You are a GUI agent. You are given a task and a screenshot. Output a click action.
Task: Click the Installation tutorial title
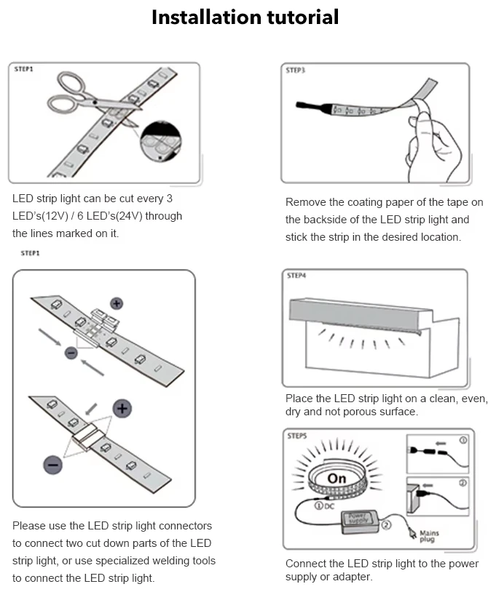point(245,17)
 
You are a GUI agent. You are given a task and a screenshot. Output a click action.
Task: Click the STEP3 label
point(296,71)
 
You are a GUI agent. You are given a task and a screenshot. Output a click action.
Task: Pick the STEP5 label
point(296,436)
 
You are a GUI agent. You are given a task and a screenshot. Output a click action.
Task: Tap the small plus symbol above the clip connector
point(117,303)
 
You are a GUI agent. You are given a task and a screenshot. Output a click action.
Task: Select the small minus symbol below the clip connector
point(71,353)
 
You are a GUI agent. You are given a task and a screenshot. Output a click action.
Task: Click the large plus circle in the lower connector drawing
point(122,408)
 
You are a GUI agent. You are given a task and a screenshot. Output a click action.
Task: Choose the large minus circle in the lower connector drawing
point(52,464)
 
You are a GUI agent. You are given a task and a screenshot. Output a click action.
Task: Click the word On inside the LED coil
point(337,479)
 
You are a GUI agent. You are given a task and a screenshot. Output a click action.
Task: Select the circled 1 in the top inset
point(463,440)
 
